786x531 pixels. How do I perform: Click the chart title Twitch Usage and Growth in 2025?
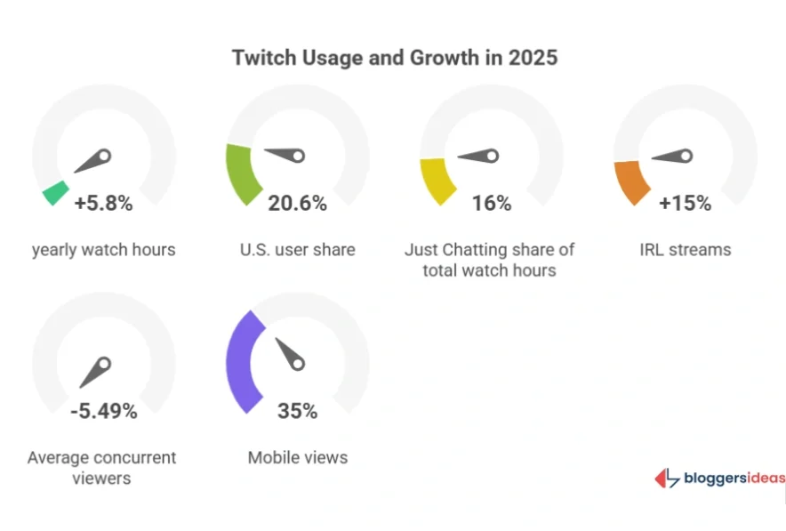pyautogui.click(x=394, y=58)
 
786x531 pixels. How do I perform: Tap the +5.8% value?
pyautogui.click(x=103, y=203)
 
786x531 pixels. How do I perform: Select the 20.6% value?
pyautogui.click(x=297, y=203)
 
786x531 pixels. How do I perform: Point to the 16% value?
pyautogui.click(x=492, y=203)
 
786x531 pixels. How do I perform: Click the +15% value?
pyautogui.click(x=685, y=203)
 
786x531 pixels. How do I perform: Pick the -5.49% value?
pyautogui.click(x=104, y=411)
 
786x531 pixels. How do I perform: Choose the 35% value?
pyautogui.click(x=297, y=411)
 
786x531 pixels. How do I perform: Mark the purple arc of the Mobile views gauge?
pyautogui.click(x=241, y=360)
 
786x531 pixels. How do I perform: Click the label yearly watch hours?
pyautogui.click(x=103, y=250)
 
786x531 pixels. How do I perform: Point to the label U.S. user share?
pyautogui.click(x=297, y=250)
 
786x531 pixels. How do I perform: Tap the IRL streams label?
pyautogui.click(x=685, y=250)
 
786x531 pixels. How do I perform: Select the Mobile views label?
pyautogui.click(x=297, y=458)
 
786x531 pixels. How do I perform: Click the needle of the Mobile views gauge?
pyautogui.click(x=290, y=353)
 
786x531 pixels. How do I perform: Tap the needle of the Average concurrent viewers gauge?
pyautogui.click(x=94, y=373)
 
